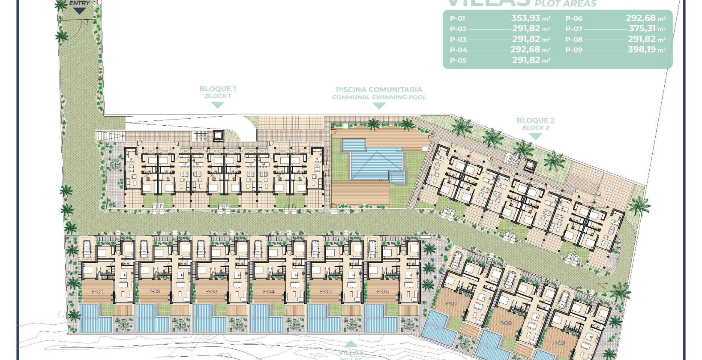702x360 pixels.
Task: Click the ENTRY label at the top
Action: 80,3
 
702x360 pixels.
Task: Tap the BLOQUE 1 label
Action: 217,89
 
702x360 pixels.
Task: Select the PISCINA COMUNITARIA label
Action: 379,90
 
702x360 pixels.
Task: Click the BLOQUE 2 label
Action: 535,121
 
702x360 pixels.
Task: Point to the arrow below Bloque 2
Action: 535,137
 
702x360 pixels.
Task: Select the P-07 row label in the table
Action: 574,29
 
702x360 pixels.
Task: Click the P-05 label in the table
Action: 458,60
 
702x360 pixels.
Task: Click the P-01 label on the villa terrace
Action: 97,291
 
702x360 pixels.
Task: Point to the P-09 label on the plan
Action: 559,343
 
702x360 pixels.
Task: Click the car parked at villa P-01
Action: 87,249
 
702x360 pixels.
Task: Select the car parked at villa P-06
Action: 372,249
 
